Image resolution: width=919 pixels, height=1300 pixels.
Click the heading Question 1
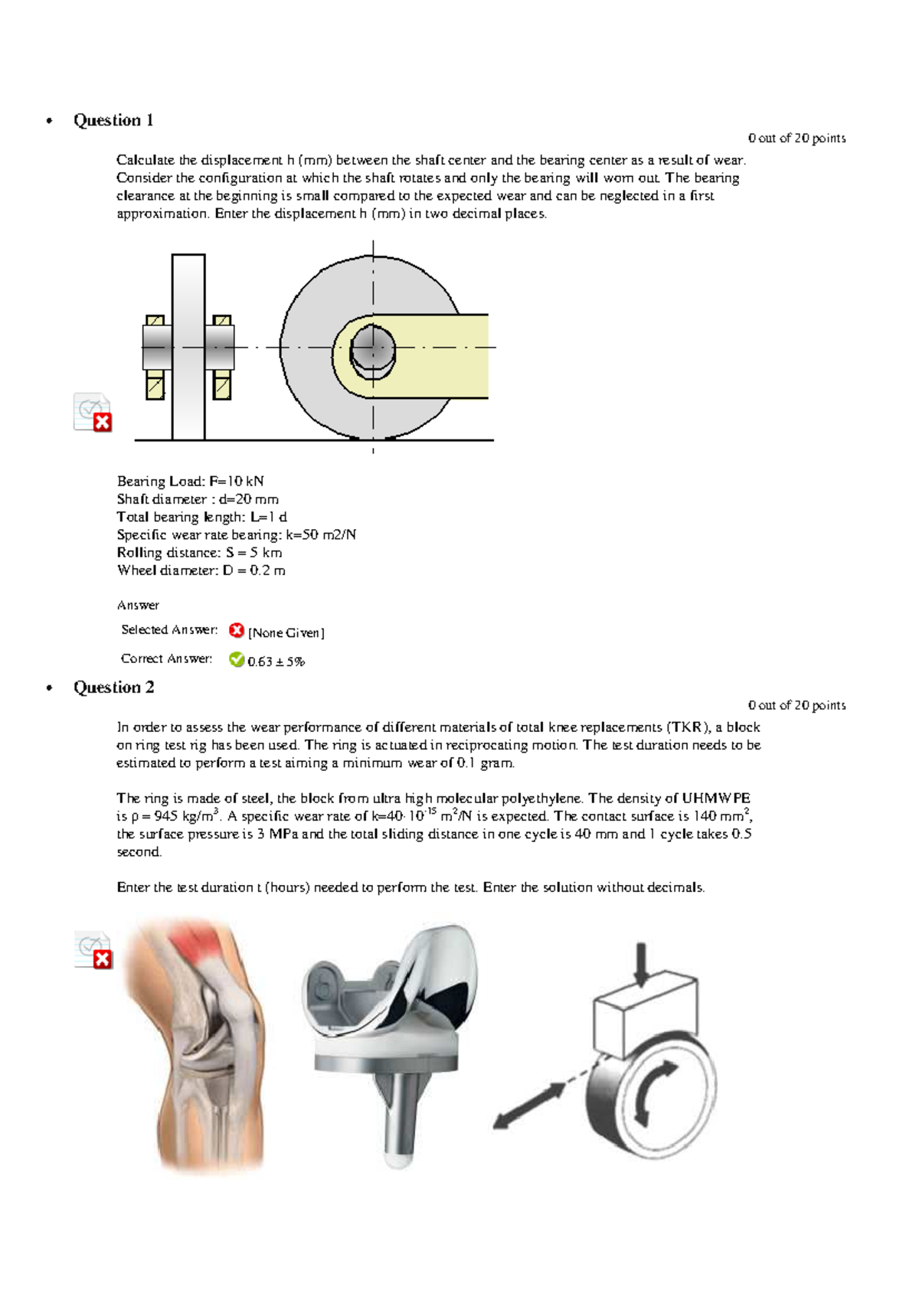tap(113, 120)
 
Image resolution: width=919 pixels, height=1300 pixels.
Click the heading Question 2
tap(113, 688)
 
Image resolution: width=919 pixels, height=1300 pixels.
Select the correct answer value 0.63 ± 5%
tap(276, 661)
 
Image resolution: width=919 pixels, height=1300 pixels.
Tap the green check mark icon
tap(237, 659)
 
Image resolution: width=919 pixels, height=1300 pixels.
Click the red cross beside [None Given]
tap(237, 631)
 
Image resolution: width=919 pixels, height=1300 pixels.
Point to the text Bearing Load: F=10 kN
tap(190, 482)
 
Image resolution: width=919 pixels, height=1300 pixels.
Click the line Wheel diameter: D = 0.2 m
tap(201, 570)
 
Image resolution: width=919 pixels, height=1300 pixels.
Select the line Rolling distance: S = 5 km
tap(199, 553)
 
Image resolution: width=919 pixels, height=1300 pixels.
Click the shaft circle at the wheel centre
tap(373, 349)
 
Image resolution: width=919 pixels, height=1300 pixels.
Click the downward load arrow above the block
tap(642, 965)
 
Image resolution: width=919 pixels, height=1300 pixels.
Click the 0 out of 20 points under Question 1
tap(796, 139)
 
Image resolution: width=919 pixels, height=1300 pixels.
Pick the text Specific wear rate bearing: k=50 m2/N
tap(236, 535)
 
